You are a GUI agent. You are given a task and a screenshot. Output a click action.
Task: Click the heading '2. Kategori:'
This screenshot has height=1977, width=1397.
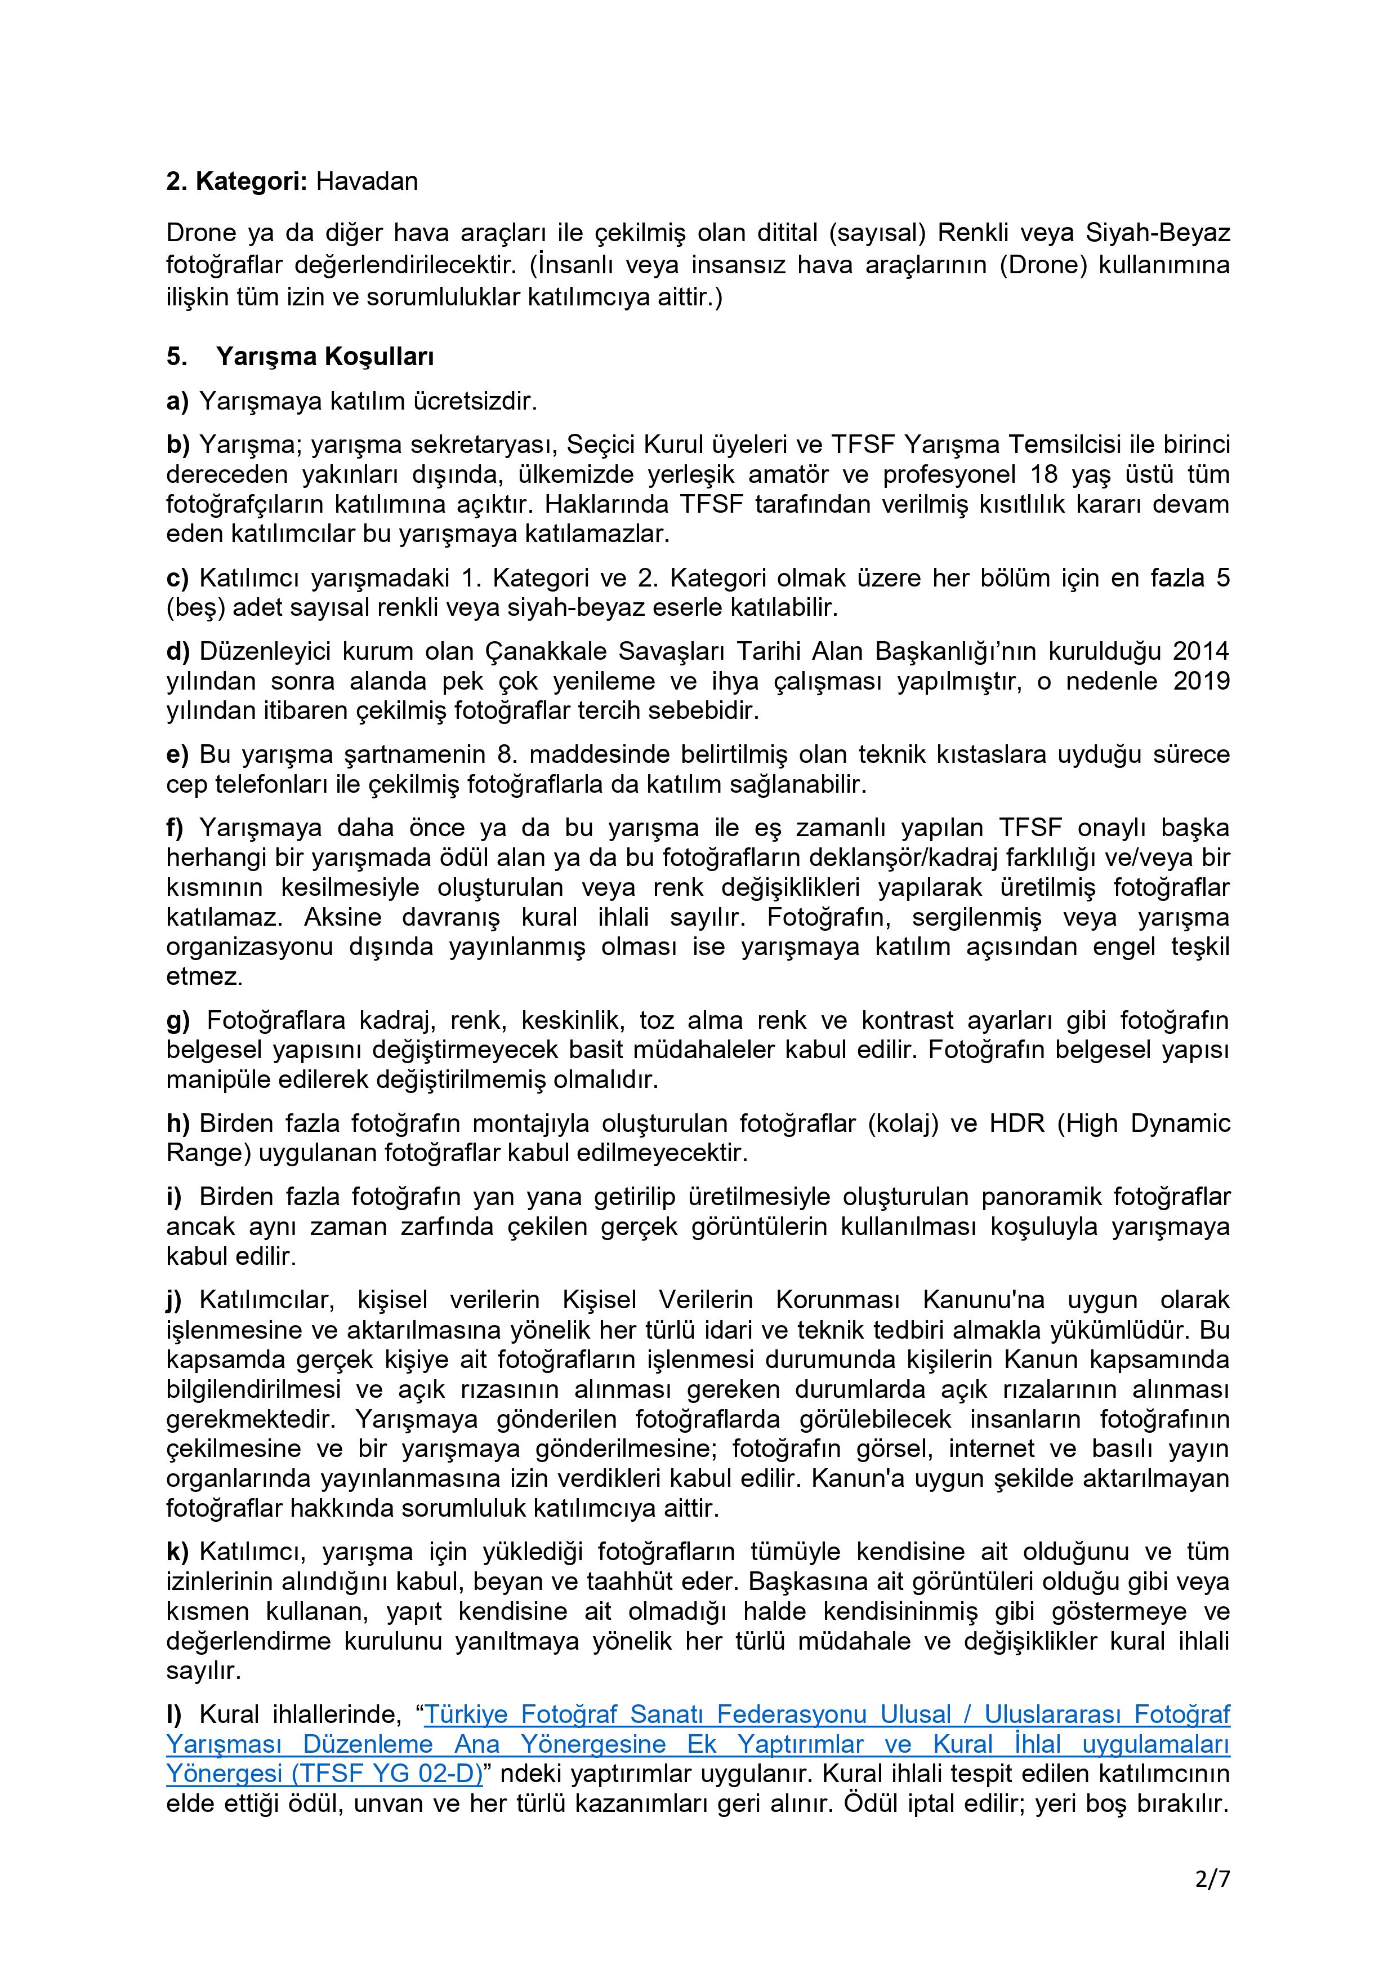click(238, 181)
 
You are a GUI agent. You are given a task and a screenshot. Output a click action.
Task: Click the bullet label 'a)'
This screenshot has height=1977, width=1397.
click(177, 401)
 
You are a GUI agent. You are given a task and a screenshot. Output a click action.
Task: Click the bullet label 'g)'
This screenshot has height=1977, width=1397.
click(178, 1020)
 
